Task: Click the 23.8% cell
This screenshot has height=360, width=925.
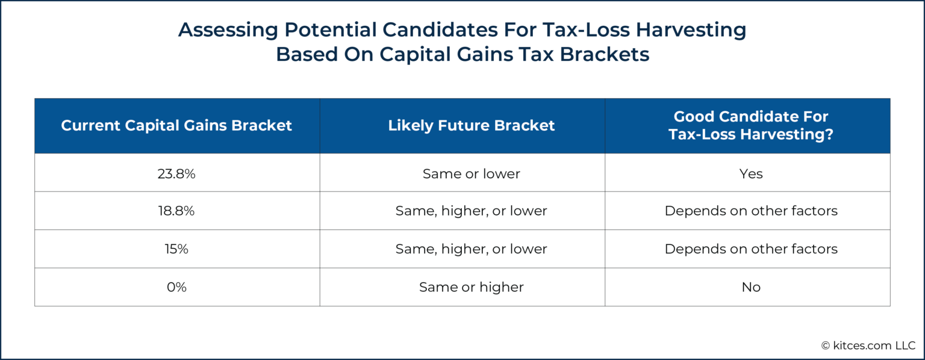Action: (176, 173)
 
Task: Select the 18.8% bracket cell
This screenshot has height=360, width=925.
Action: (176, 211)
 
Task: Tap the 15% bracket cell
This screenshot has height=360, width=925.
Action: (176, 249)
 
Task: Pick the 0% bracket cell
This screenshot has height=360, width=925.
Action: (176, 287)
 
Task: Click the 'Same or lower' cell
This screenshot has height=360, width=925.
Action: (471, 173)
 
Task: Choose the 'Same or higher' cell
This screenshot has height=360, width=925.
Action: (471, 287)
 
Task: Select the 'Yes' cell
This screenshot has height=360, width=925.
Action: (751, 173)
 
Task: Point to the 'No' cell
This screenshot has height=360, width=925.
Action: (751, 287)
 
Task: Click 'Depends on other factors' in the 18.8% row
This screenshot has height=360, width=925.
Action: (751, 211)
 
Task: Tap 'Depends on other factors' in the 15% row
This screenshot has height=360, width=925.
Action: (751, 249)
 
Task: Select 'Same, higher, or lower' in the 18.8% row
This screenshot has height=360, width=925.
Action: (471, 211)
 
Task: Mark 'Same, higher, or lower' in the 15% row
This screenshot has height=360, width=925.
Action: (471, 249)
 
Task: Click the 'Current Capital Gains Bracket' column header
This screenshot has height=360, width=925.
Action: (176, 126)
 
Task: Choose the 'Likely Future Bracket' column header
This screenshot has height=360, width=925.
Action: (471, 126)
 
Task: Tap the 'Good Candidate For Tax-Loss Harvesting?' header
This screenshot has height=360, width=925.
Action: (751, 126)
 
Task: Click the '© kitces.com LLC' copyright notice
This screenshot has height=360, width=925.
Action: (868, 345)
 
